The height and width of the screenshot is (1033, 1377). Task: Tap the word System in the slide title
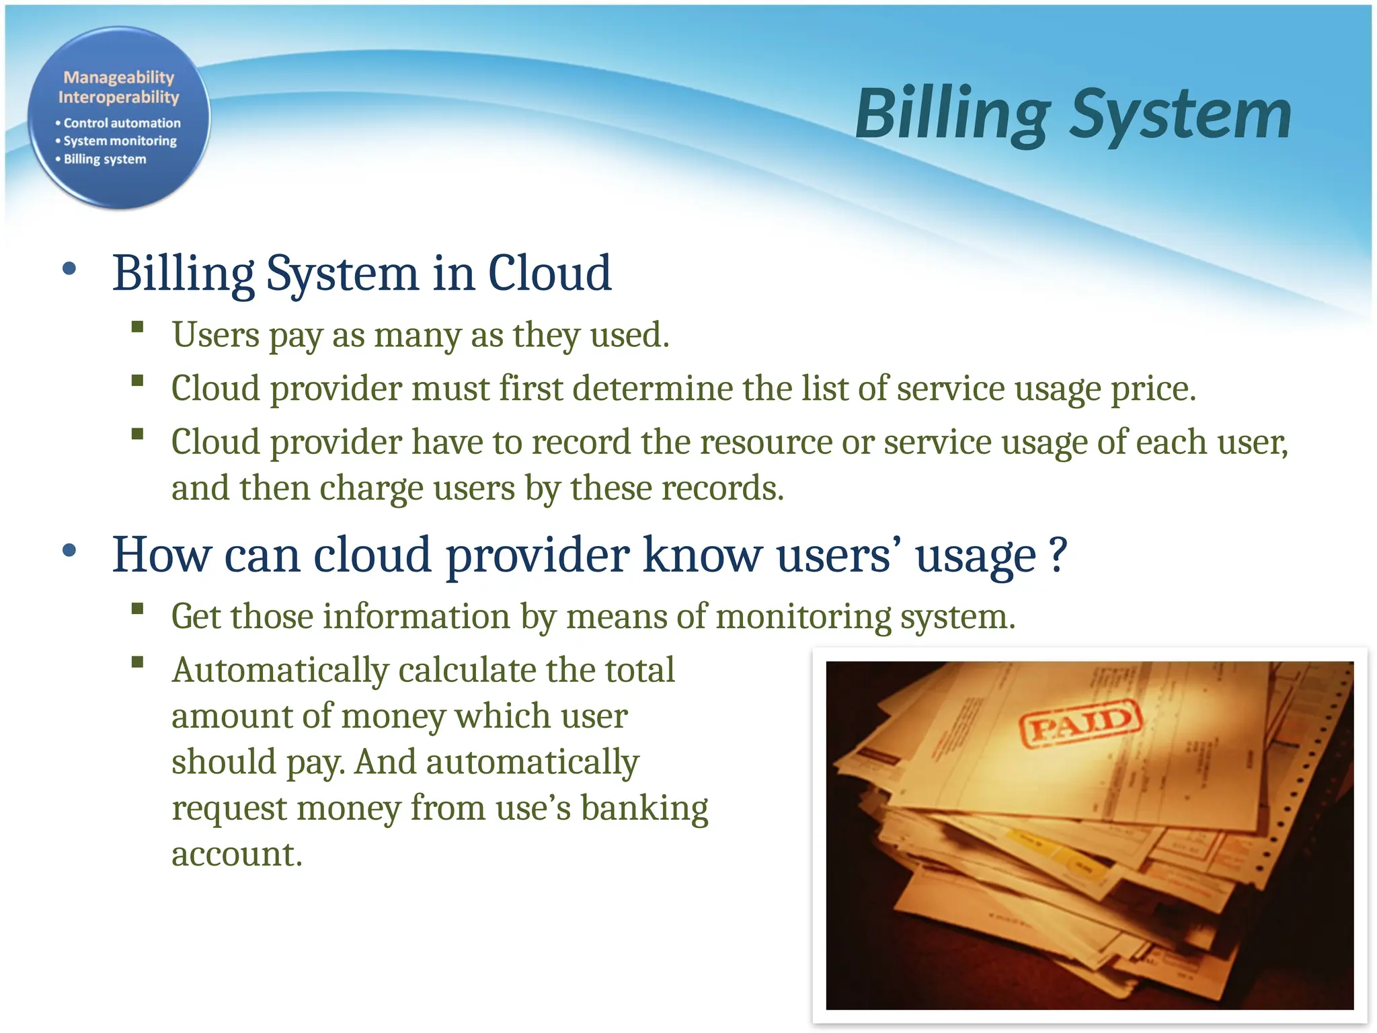[1180, 116]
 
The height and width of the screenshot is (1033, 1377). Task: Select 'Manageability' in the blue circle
[119, 78]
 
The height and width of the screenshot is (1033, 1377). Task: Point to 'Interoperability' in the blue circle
[119, 98]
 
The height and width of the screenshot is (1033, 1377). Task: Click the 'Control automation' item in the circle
[122, 123]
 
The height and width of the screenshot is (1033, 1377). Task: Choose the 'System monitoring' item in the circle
[120, 141]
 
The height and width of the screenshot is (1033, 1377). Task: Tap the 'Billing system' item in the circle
[104, 159]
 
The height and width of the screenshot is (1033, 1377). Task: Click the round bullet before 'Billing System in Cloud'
[69, 270]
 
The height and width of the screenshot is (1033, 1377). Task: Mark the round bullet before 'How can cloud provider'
[69, 551]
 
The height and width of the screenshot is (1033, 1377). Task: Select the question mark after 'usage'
[1058, 556]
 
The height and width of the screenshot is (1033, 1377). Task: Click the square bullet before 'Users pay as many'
[138, 328]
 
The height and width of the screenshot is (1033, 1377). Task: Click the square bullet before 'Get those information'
[138, 609]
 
